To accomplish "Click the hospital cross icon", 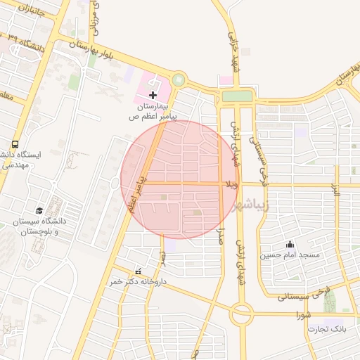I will (153, 94).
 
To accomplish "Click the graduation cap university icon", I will (39, 210).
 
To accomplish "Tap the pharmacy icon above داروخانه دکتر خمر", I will (138, 271).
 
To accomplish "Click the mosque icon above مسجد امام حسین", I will (290, 244).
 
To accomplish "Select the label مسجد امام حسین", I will (290, 255).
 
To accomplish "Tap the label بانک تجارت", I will (328, 329).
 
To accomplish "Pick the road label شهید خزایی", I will (233, 45).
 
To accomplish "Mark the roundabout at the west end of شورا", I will (243, 315).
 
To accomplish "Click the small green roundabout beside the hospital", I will (178, 81).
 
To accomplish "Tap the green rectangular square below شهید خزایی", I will (237, 96).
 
